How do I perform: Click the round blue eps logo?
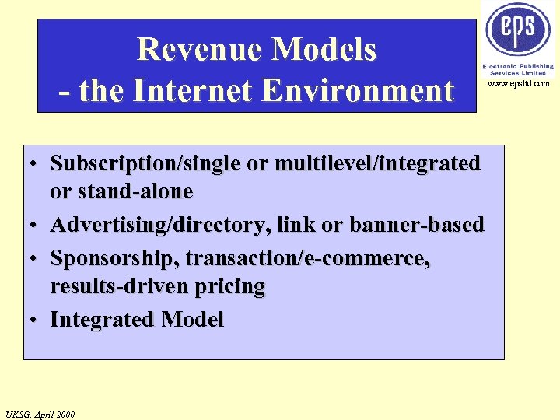(x=518, y=30)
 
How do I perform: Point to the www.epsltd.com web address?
(x=519, y=83)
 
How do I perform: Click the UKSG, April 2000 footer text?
(x=40, y=414)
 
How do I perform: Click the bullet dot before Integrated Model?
(x=36, y=320)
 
